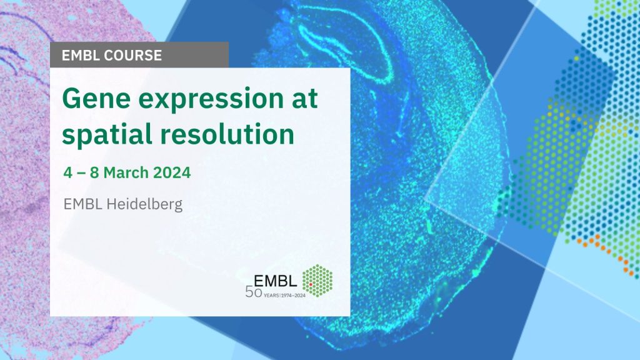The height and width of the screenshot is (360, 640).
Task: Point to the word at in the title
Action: (x=304, y=99)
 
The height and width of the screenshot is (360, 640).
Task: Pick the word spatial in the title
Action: (x=106, y=134)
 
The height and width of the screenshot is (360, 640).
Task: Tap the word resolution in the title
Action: (x=227, y=134)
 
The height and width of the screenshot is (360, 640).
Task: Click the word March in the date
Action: (x=126, y=172)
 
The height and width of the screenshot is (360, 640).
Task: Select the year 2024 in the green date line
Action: (x=172, y=172)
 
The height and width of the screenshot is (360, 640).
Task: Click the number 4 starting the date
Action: (x=67, y=172)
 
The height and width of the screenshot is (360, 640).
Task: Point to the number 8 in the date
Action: (x=94, y=172)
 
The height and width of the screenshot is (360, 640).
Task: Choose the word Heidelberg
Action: (x=144, y=204)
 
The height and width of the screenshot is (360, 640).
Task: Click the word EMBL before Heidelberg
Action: (x=82, y=204)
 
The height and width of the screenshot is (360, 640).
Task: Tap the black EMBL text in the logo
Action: (x=275, y=281)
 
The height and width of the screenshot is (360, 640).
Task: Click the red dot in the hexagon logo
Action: (x=311, y=284)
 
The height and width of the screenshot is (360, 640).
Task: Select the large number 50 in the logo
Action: (x=254, y=292)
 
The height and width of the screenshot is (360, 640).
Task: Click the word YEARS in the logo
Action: (x=271, y=295)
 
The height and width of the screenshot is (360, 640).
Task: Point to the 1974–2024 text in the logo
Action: (x=293, y=295)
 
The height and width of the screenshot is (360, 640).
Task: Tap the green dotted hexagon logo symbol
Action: (x=317, y=281)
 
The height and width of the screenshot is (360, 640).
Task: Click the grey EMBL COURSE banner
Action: (x=139, y=55)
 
